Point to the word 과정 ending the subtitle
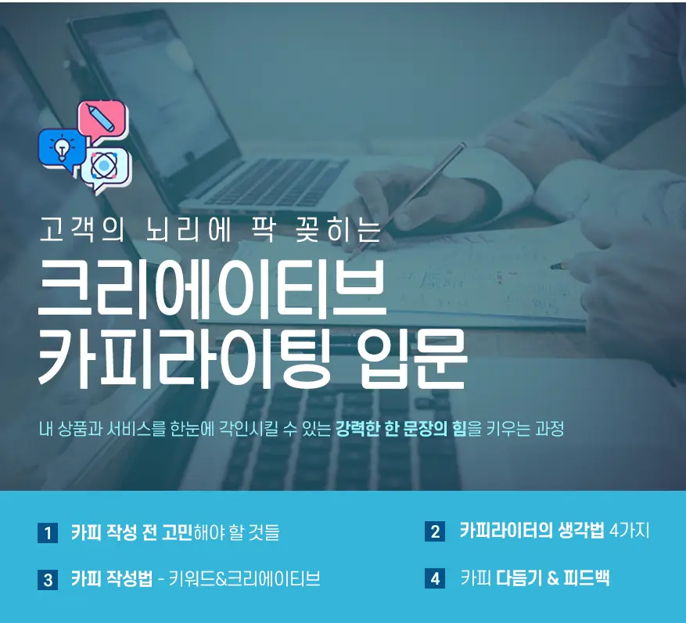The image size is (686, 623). point(549,429)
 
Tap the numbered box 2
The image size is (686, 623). point(435,532)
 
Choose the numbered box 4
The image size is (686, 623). point(435,579)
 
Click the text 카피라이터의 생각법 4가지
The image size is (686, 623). point(555,531)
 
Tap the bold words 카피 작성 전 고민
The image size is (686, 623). point(131,533)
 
